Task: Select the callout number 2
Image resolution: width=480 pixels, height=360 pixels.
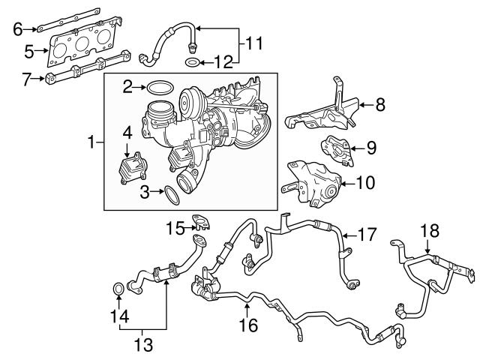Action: pyautogui.click(x=127, y=87)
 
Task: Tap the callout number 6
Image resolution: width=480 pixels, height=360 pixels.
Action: pyautogui.click(x=18, y=29)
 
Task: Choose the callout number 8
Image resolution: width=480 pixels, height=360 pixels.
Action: pyautogui.click(x=379, y=105)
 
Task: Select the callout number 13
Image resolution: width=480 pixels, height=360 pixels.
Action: pyautogui.click(x=142, y=344)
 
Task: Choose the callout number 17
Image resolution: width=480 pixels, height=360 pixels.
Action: pyautogui.click(x=367, y=235)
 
